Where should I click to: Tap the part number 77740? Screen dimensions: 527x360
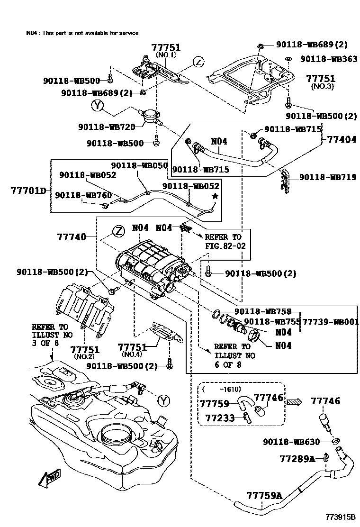tap(72, 236)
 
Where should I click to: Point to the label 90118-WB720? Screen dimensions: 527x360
tap(108, 127)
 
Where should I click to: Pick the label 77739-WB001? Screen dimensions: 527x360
tap(330, 322)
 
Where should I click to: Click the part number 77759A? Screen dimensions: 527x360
tap(264, 496)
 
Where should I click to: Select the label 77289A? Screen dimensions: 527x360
tap(297, 459)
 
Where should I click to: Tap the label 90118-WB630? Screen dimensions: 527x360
tap(291, 442)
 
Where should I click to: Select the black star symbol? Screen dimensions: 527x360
tap(216, 196)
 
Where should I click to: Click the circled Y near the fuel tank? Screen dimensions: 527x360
tap(163, 401)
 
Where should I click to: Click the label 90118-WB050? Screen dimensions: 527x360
tap(140, 165)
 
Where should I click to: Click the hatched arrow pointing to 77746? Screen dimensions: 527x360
tap(294, 401)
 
